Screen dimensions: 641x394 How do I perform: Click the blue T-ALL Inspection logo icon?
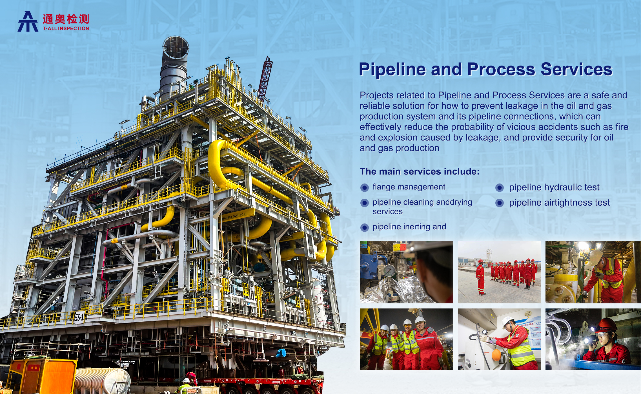(x=28, y=21)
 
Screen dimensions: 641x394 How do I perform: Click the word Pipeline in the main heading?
(x=392, y=70)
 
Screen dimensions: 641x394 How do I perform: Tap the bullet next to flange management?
(x=365, y=188)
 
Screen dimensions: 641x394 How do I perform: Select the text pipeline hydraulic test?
(x=554, y=187)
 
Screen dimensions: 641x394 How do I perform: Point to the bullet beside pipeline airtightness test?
(x=500, y=203)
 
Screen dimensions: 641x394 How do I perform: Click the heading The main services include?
(x=420, y=171)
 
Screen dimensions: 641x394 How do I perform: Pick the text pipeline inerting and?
(x=409, y=227)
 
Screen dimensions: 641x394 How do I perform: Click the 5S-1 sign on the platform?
(x=79, y=317)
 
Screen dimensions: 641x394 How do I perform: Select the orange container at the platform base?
(x=42, y=376)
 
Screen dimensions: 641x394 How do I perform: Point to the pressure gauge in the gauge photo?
(x=389, y=271)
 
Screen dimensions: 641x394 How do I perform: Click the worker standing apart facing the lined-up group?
(x=481, y=277)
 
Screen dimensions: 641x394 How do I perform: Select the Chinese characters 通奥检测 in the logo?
(x=66, y=19)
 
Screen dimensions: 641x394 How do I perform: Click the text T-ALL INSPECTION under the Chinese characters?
(x=66, y=28)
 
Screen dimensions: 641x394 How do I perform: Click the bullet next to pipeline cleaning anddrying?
(x=365, y=203)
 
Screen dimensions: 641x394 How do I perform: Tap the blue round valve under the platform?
(x=281, y=353)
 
